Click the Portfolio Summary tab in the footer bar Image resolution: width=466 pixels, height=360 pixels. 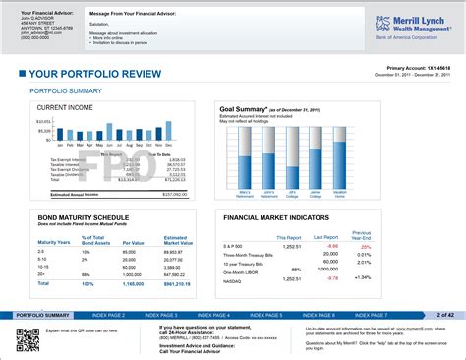[x=42, y=315]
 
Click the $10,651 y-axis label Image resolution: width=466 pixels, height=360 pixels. [x=44, y=121]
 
